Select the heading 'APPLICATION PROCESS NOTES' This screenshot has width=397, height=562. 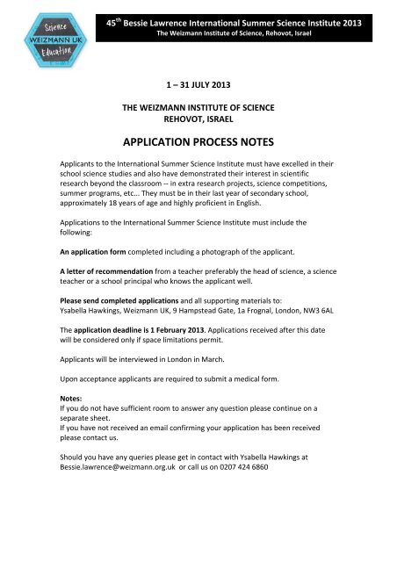pos(198,139)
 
